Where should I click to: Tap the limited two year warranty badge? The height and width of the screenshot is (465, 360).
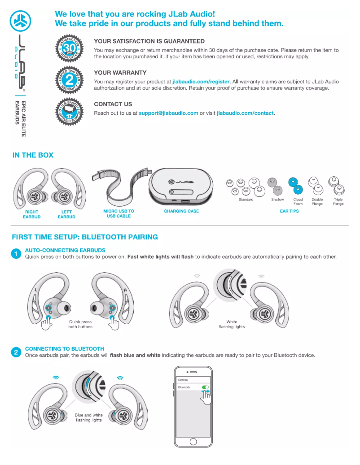pyautogui.click(x=70, y=79)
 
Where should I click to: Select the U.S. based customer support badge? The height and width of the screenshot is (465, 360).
pyautogui.click(x=70, y=109)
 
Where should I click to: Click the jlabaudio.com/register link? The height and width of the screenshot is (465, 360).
pyautogui.click(x=201, y=82)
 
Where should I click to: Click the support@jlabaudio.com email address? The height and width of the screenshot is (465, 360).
pyautogui.click(x=168, y=113)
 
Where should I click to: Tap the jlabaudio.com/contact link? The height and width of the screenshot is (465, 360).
pyautogui.click(x=245, y=113)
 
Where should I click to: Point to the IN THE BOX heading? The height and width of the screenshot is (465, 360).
pyautogui.click(x=33, y=155)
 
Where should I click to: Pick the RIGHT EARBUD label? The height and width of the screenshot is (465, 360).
pyautogui.click(x=31, y=214)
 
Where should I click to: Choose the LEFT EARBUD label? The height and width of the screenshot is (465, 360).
pyautogui.click(x=66, y=214)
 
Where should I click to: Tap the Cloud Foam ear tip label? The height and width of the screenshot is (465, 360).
pyautogui.click(x=298, y=202)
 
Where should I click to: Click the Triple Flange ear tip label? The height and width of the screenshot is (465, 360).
pyautogui.click(x=338, y=202)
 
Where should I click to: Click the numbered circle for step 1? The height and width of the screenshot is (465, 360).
pyautogui.click(x=16, y=254)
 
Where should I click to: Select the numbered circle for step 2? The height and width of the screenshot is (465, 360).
pyautogui.click(x=16, y=352)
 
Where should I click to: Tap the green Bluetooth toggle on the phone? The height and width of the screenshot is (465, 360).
pyautogui.click(x=206, y=387)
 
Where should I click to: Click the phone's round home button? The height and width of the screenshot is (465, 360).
pyautogui.click(x=193, y=442)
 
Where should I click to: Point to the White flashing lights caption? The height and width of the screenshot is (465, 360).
pyautogui.click(x=232, y=324)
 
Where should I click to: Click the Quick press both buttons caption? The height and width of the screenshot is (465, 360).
pyautogui.click(x=80, y=324)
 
